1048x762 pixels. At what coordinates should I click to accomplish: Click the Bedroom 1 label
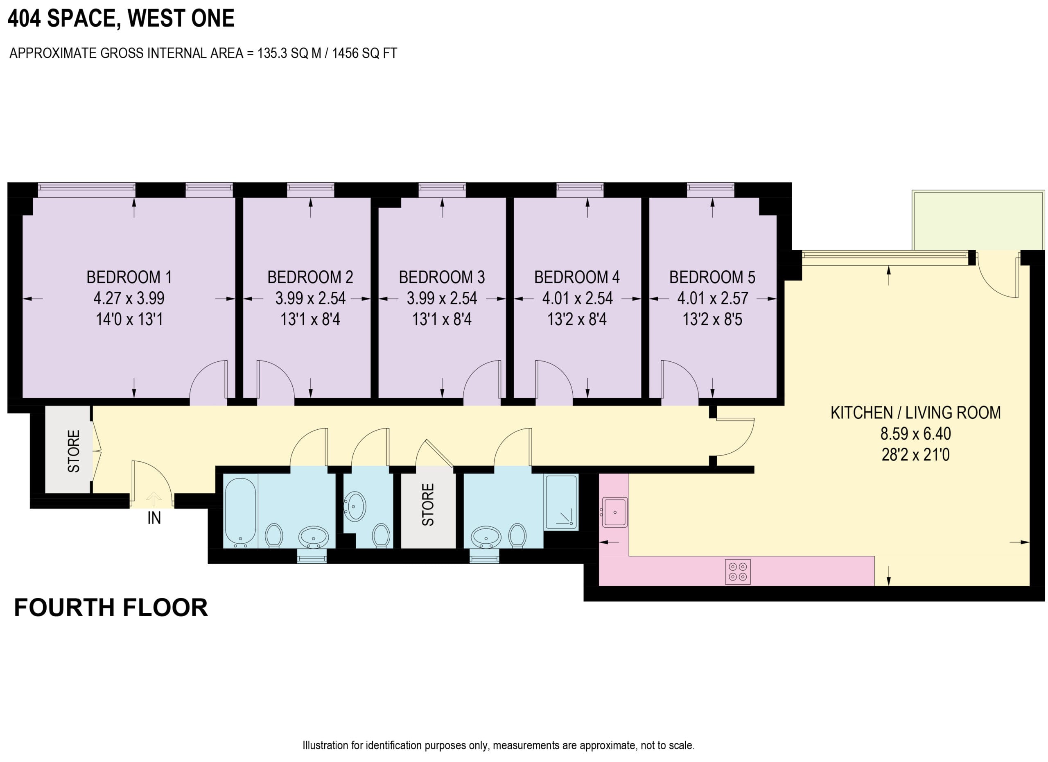pos(129,277)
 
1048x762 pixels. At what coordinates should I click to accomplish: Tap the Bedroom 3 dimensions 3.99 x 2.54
pos(442,298)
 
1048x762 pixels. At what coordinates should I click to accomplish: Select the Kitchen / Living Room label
pos(915,413)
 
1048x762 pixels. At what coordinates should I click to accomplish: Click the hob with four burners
pos(737,572)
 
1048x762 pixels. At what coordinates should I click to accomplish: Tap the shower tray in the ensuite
pos(561,502)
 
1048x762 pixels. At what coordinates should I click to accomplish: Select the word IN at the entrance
pos(154,519)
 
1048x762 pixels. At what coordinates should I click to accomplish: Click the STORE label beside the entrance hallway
pos(74,451)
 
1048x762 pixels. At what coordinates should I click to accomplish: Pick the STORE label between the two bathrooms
pos(428,504)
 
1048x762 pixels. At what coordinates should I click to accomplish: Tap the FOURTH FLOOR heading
pos(111,608)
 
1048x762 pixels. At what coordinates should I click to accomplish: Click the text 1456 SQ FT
pos(364,54)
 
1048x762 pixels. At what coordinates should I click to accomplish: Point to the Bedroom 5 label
pos(712,277)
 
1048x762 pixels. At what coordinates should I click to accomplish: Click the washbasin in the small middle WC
pos(355,506)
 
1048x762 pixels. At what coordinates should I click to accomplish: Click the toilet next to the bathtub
pos(274,535)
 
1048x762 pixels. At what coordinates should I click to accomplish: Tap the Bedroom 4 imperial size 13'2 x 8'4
pos(577,320)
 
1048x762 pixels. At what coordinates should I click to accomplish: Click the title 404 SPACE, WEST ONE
pos(121,18)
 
